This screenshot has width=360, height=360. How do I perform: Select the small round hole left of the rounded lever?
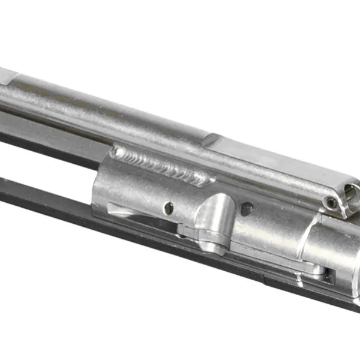[170, 208]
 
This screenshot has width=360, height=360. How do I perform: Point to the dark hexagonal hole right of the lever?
[247, 208]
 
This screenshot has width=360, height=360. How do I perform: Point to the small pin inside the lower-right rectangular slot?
[329, 275]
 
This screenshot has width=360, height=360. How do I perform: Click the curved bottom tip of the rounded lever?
[211, 247]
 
